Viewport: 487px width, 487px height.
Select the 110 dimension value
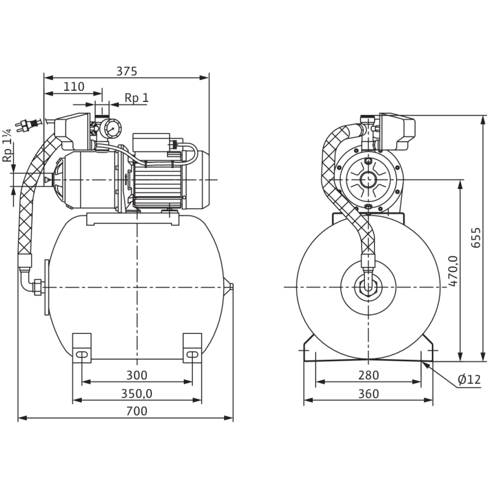click(x=75, y=86)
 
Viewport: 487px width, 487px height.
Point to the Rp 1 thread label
click(x=138, y=97)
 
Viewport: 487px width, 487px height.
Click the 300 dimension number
click(x=136, y=375)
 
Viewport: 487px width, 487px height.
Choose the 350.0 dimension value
click(x=136, y=393)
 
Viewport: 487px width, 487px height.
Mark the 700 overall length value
click(x=136, y=411)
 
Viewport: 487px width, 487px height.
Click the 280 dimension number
click(x=368, y=375)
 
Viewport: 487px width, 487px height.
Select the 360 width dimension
click(x=368, y=393)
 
